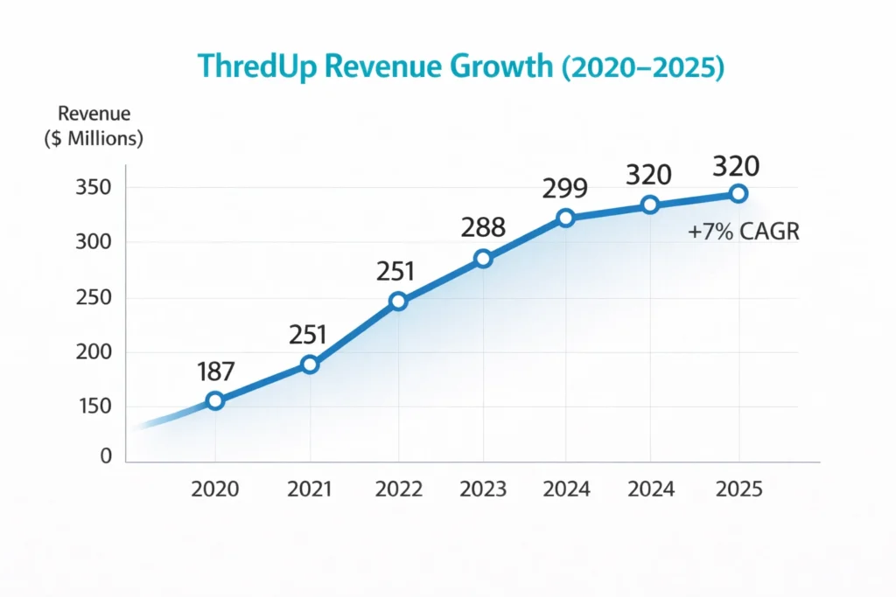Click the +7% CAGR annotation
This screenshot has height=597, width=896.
pos(742,233)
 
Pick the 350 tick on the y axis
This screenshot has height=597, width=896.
pos(94,187)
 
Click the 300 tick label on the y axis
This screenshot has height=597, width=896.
pos(94,242)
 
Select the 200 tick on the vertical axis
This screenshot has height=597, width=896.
pos(94,352)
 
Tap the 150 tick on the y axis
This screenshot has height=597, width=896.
pos(94,406)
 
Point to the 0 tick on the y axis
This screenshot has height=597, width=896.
pos(106,455)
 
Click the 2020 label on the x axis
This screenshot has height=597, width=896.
pos(214,489)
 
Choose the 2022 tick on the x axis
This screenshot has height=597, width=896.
pos(399,489)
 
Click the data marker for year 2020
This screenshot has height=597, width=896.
pos(214,401)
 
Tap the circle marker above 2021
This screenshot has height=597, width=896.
pos(310,364)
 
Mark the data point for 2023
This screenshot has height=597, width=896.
pos(483,259)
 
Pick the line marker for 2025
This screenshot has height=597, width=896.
pos(738,193)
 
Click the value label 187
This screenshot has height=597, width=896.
pos(215,371)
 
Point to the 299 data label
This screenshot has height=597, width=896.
pos(564,188)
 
